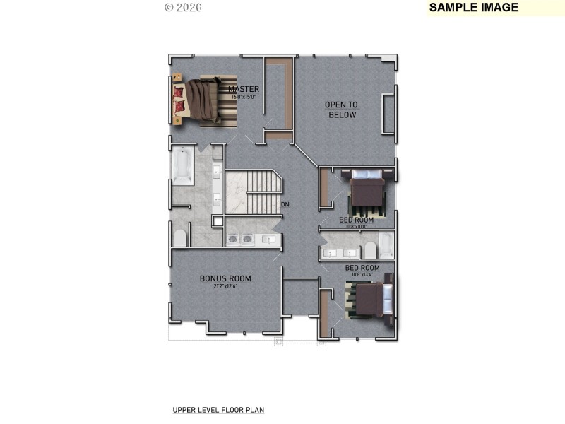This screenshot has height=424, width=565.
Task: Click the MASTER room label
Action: [x=244, y=89]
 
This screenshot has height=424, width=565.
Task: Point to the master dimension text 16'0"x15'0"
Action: [x=244, y=96]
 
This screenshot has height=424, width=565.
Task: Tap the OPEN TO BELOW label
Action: [x=341, y=110]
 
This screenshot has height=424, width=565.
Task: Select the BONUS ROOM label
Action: [x=225, y=278]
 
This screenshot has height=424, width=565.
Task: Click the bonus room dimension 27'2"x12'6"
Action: [x=225, y=286]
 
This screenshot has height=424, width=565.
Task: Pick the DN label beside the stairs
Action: [x=285, y=205]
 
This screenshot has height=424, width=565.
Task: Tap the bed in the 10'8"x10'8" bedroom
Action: [x=367, y=192]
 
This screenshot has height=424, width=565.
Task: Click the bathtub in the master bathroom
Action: [x=182, y=165]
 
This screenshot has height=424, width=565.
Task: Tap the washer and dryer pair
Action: [x=240, y=239]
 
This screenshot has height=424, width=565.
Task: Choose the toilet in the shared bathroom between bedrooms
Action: [x=370, y=250]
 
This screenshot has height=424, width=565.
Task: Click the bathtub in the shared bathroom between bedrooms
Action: [x=386, y=245]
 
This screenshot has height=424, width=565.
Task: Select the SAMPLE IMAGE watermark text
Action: [x=474, y=8]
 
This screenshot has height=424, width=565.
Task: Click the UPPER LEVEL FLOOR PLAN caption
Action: [x=218, y=410]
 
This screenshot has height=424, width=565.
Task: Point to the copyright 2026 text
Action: [x=183, y=7]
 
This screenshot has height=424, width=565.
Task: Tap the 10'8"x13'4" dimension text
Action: [x=362, y=274]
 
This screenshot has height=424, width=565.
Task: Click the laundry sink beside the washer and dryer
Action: [x=269, y=239]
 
